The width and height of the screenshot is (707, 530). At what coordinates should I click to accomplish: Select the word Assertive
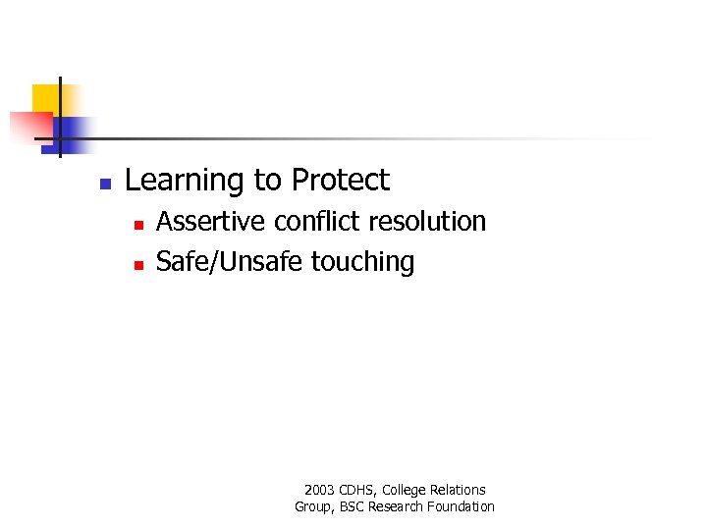point(211,222)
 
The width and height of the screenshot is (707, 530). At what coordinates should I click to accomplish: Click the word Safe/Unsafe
point(230,262)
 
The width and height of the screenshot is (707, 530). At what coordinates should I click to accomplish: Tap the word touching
point(362,263)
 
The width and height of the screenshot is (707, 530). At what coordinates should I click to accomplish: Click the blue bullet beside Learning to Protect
point(105,184)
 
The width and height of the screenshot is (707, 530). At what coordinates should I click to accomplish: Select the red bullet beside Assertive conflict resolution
point(138,226)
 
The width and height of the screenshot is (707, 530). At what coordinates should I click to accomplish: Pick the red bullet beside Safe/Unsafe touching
point(138,265)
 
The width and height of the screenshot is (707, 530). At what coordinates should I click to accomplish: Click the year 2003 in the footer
point(320,490)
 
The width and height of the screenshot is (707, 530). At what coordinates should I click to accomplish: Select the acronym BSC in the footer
point(350,506)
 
